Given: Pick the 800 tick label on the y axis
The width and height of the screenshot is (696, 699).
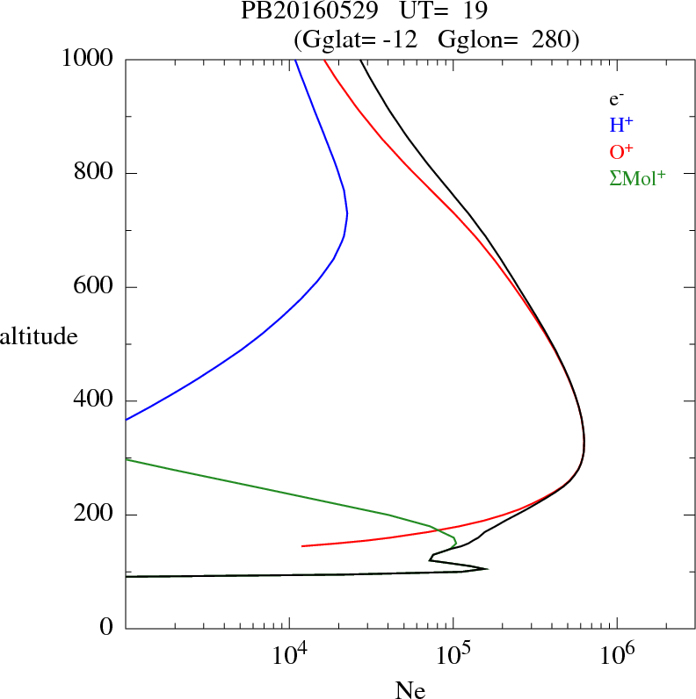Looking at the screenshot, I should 95,173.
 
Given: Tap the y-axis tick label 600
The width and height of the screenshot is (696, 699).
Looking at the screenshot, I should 95,287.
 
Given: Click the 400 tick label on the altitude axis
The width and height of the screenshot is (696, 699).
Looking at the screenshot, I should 95,400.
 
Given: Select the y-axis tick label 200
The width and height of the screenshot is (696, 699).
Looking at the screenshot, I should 95,515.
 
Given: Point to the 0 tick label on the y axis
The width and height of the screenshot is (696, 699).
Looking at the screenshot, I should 106,629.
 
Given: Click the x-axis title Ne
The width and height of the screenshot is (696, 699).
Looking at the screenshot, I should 410,689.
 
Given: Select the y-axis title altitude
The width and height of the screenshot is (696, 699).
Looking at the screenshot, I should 39,335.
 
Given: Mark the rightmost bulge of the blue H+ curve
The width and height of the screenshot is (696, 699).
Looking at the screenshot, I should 347,213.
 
